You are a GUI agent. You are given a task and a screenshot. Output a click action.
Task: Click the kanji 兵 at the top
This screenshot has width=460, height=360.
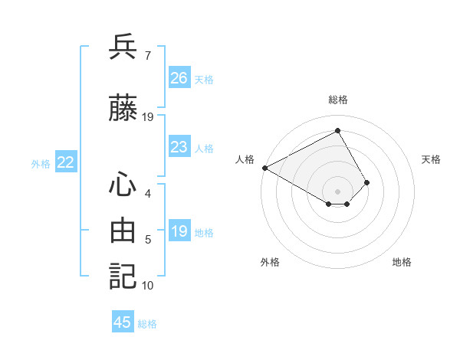(x=123, y=47)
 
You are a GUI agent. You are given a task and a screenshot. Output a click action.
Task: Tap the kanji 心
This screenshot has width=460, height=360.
(x=123, y=185)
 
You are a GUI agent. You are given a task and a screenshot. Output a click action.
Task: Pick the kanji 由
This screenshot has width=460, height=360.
(x=123, y=231)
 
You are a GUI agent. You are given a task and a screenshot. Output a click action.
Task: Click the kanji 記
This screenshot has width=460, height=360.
(x=123, y=276)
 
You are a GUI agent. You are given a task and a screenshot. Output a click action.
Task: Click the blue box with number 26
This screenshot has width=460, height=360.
(x=179, y=78)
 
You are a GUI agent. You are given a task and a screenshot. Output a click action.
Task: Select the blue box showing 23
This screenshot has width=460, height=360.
(x=179, y=147)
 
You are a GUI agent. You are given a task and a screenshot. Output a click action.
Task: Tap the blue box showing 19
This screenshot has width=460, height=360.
(x=179, y=231)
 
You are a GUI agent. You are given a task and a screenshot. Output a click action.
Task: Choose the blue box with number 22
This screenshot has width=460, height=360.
(x=66, y=162)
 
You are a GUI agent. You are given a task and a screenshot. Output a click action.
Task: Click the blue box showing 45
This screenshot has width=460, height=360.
(x=123, y=322)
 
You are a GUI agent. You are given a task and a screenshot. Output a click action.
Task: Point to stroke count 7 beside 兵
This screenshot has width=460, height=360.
(x=147, y=56)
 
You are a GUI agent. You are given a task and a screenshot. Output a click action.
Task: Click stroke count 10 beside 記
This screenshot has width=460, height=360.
(x=147, y=286)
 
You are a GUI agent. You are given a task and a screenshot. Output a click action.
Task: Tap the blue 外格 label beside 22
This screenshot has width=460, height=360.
(x=41, y=163)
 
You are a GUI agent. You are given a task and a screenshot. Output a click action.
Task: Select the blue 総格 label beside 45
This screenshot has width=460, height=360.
(x=147, y=323)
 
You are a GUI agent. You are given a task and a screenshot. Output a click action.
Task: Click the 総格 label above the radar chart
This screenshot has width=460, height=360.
(x=337, y=100)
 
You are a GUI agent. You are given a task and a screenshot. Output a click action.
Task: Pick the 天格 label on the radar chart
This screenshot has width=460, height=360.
(x=431, y=159)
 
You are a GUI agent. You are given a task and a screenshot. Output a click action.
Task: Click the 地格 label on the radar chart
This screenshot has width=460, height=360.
(x=402, y=262)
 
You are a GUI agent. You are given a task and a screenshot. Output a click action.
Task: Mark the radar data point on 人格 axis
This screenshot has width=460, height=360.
(x=264, y=167)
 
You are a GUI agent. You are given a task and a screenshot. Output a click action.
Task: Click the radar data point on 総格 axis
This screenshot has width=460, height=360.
(x=337, y=131)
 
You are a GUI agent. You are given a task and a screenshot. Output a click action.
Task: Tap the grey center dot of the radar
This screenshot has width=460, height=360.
(x=337, y=190)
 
